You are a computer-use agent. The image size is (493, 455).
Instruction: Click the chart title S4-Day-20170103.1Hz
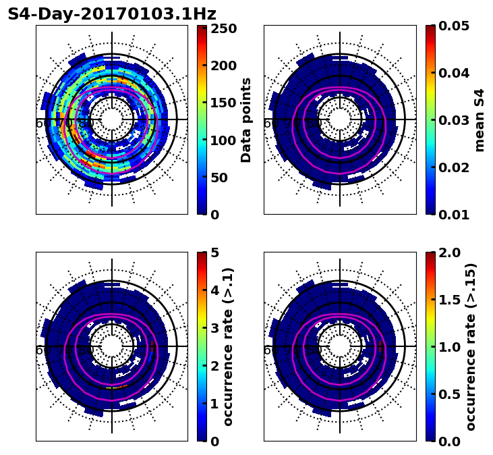pos(112,14)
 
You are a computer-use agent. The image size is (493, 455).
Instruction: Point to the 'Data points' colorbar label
pos(246,119)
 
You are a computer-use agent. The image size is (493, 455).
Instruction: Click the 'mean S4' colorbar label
pos(480,119)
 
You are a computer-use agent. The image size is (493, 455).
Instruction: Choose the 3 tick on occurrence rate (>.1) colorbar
pos(214,328)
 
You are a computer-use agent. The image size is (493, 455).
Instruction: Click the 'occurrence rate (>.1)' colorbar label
pos(229,346)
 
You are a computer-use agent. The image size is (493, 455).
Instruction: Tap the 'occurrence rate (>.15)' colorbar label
pos(471,346)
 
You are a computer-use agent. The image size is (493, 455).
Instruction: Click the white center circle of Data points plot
pos(112,119)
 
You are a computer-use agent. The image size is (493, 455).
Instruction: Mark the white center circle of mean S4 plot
pos(340,119)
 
